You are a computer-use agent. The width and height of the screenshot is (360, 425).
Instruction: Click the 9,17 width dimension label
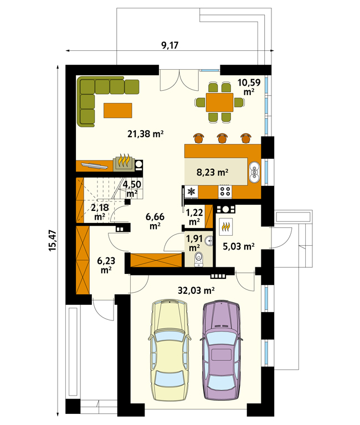coord(170,45)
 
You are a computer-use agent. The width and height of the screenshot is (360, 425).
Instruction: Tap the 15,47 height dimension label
coord(53,240)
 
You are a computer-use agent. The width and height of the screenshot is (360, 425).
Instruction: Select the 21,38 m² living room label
coord(146,133)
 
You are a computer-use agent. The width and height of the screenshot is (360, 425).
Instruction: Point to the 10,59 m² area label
coord(249,87)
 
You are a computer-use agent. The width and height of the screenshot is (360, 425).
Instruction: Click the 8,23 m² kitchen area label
coord(213,172)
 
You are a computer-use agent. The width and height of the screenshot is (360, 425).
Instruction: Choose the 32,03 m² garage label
coord(196,291)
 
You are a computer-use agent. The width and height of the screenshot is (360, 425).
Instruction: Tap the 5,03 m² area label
coord(239,246)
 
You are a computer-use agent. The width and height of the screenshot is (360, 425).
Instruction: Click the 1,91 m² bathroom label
coord(194,243)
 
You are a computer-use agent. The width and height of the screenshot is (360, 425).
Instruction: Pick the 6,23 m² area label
coord(106,266)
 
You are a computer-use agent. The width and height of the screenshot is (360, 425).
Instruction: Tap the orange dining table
coord(219,102)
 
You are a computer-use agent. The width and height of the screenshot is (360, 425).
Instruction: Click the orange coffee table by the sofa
coord(118,110)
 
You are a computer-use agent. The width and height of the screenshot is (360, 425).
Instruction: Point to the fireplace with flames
coord(124,162)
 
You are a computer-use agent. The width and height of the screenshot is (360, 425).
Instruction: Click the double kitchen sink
coord(254,172)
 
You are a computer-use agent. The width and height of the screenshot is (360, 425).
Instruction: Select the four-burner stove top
coord(225,191)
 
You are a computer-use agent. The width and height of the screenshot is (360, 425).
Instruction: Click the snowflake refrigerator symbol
coord(191,191)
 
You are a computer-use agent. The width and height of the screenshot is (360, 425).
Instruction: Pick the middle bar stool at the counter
coord(222,138)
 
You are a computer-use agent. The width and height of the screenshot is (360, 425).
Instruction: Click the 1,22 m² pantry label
coord(194,217)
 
